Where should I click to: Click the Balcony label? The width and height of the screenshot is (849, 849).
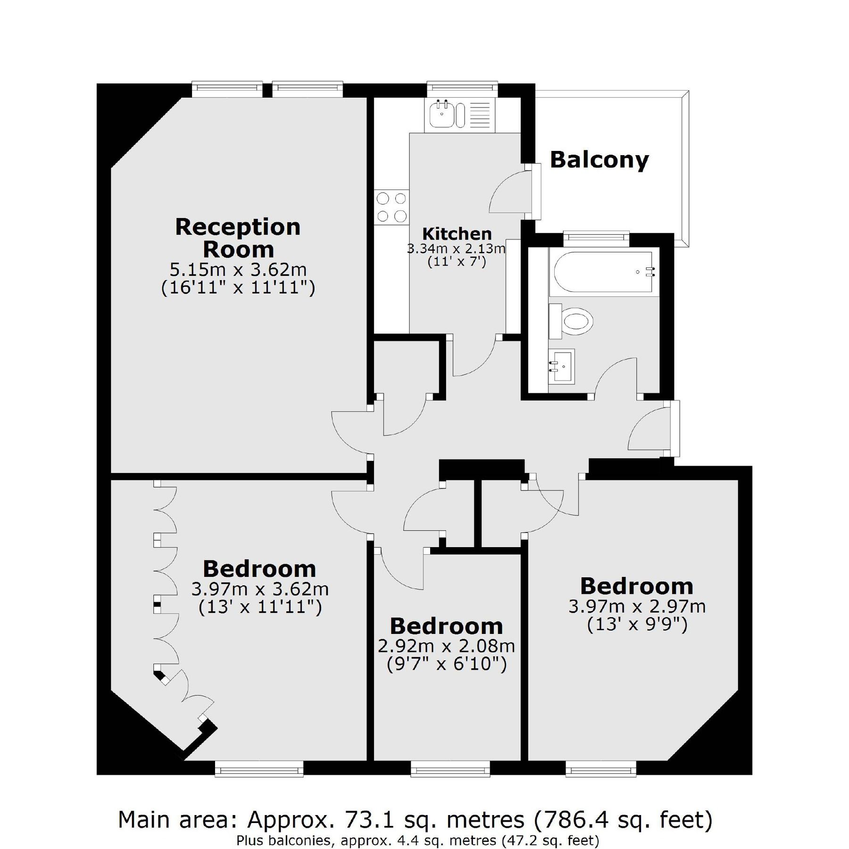(599, 160)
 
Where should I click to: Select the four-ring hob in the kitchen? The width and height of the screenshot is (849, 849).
(391, 207)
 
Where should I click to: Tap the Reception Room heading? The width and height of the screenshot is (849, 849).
(238, 238)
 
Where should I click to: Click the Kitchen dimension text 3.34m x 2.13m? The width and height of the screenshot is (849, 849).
(456, 249)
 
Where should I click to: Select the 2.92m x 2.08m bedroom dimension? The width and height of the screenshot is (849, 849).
(446, 646)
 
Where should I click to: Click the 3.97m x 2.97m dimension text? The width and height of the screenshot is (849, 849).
(637, 606)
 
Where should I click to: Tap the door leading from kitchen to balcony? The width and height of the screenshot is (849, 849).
(535, 191)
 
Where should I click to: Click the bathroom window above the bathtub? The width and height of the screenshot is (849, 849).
(596, 236)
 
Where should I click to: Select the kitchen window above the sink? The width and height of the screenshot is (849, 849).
(462, 88)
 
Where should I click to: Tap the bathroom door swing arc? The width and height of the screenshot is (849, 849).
(616, 375)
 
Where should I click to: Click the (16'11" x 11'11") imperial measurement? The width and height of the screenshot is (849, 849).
(238, 288)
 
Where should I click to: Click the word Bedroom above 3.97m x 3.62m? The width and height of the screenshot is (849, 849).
(259, 569)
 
